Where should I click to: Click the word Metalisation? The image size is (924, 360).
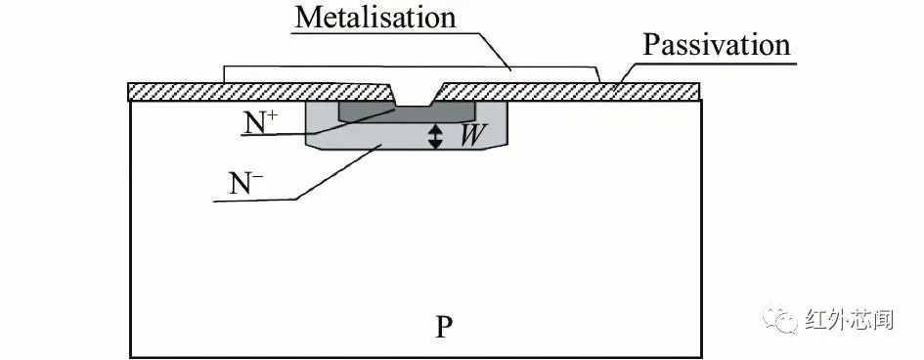tap(375, 18)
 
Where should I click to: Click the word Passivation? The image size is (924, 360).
tap(716, 45)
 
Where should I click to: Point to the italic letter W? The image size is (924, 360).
tap(470, 136)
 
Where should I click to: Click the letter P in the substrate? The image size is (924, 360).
tap(444, 326)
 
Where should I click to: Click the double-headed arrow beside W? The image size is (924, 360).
tap(436, 136)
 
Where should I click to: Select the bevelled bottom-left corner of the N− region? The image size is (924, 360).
tap(312, 143)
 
